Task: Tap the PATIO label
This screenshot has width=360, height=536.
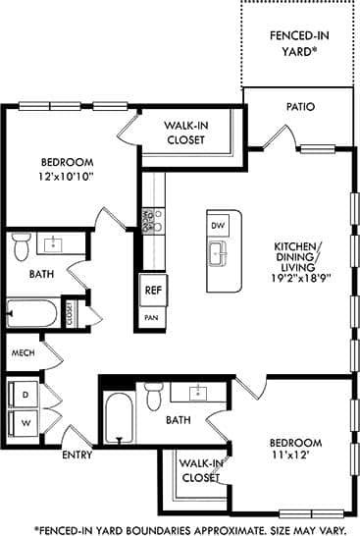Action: (x=300, y=106)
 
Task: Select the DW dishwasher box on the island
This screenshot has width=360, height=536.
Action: (x=218, y=226)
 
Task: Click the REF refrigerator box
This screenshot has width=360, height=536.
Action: (x=152, y=290)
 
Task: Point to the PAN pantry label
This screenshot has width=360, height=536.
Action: (x=151, y=318)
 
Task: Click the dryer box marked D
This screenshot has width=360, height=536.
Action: (x=24, y=394)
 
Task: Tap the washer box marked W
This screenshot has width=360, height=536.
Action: (x=24, y=423)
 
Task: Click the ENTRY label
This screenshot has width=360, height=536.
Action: (x=77, y=456)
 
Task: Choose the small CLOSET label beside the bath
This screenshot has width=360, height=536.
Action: (x=70, y=313)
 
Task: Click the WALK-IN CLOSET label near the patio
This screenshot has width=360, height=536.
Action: (x=184, y=133)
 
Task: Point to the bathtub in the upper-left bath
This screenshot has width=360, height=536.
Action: (x=32, y=314)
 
